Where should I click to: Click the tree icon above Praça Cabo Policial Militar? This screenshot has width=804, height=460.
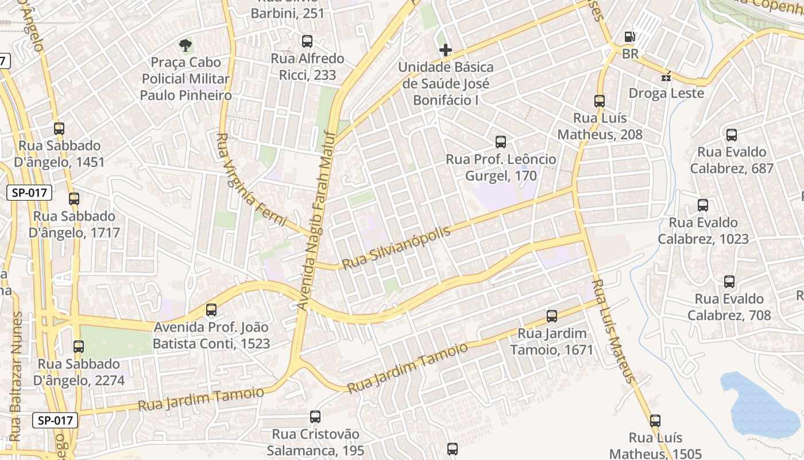(185, 44)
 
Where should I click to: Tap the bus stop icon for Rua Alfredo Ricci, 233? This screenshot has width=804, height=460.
(307, 41)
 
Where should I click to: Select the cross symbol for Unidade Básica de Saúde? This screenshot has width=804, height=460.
(445, 50)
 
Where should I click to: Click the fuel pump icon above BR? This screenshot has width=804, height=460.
(630, 37)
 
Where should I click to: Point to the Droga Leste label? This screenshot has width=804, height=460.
(666, 93)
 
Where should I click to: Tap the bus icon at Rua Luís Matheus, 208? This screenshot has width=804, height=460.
(600, 101)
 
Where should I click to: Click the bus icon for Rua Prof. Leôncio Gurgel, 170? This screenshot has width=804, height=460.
(501, 142)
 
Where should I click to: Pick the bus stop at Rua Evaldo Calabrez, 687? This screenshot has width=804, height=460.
(731, 135)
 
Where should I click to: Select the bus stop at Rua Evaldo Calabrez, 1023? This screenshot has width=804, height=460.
(702, 205)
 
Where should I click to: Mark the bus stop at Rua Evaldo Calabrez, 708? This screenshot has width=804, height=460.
(729, 282)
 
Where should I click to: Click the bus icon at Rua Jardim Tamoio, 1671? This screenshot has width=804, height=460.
(552, 316)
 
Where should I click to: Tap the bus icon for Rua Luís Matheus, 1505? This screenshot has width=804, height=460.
(655, 421)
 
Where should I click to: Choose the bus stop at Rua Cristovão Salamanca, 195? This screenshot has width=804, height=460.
(315, 417)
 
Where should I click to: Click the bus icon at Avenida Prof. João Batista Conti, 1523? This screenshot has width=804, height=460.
(211, 310)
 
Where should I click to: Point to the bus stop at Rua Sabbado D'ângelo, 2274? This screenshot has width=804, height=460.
(79, 347)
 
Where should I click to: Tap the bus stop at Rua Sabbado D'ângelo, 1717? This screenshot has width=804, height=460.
(74, 199)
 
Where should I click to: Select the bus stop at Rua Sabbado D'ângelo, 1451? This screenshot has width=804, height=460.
(59, 129)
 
